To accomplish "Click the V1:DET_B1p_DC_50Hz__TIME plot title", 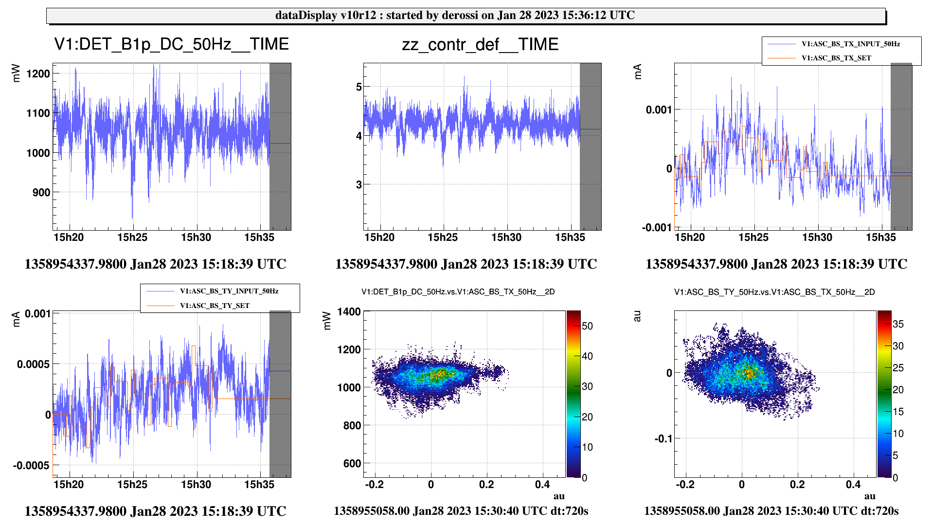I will point(171,44).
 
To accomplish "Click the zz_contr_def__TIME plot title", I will point(480,45).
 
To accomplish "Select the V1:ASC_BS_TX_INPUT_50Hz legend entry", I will point(850,44).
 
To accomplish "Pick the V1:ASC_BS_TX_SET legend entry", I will point(836,58).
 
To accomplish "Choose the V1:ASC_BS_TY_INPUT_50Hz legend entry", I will point(229,291).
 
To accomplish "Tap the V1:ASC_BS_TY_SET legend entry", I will point(214,306).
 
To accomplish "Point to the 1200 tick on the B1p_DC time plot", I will point(38,74).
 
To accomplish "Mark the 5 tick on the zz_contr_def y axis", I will point(359,87).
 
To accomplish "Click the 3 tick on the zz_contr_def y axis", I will point(359,185).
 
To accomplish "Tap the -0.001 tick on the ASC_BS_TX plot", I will point(657,228).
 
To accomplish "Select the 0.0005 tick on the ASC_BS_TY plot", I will point(33,364).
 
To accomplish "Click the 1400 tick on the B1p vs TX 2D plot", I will point(349,312).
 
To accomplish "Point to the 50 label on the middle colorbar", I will point(587,326).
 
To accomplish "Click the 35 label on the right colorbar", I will point(898,324).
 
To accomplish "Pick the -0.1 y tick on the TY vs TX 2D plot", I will point(663,439).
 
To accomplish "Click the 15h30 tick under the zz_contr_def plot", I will point(506,237).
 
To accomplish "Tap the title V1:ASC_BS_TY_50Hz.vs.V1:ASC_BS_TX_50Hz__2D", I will point(774,292).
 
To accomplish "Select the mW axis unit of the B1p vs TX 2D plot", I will point(327,321).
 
